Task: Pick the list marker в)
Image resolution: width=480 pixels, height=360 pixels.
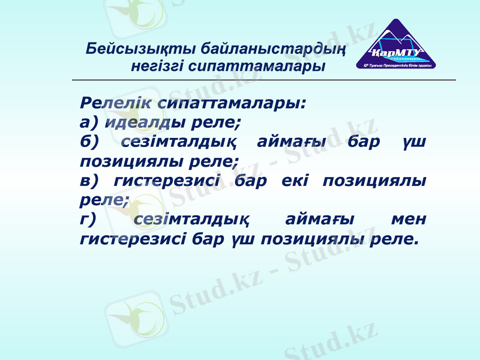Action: click(x=89, y=181)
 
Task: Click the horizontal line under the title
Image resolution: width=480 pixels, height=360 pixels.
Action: click(x=264, y=80)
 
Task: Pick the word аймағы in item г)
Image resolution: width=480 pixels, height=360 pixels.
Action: click(x=320, y=220)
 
